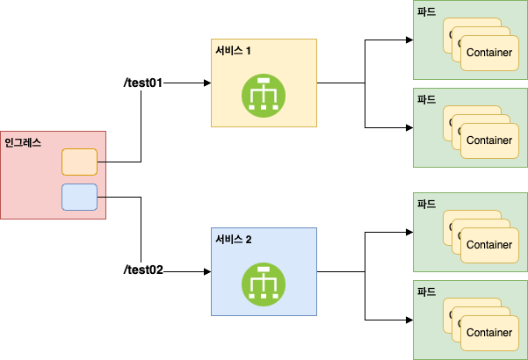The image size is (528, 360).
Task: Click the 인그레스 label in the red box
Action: (x=24, y=141)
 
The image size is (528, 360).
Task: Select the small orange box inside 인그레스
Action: (x=79, y=162)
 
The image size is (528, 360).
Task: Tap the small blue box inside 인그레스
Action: (x=79, y=197)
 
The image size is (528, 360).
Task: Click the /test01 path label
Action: (x=142, y=83)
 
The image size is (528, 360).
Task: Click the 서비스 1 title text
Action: (x=234, y=51)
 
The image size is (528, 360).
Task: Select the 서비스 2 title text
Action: (x=234, y=240)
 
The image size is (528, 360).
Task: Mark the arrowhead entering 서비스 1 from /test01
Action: (x=207, y=83)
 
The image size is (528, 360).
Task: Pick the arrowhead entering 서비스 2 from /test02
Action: (x=207, y=271)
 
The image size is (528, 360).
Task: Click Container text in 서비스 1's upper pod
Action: (x=489, y=53)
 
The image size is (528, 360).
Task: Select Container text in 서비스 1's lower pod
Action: (x=489, y=140)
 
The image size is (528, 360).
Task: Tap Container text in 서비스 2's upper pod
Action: (x=489, y=245)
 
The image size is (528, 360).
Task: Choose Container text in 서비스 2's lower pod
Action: (x=489, y=333)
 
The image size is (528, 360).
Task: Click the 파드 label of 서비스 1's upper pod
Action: (x=427, y=13)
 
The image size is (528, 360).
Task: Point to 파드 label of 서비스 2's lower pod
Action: (x=427, y=291)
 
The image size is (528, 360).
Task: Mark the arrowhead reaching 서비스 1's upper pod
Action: (x=409, y=40)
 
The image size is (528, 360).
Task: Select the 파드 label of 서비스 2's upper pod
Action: (x=427, y=203)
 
